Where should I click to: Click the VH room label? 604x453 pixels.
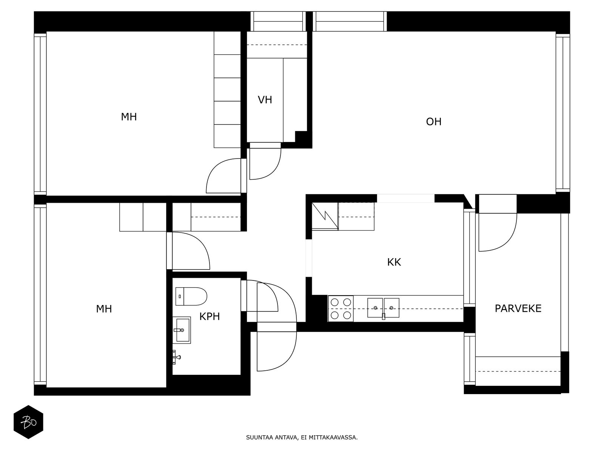coord(265,100)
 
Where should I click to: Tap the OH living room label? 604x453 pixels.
coord(433,122)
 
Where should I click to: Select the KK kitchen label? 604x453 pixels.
coord(394,262)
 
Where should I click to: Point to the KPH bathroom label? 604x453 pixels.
coord(210,317)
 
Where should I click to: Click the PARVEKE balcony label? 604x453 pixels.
coord(518,308)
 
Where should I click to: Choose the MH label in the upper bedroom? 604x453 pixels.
coord(129,117)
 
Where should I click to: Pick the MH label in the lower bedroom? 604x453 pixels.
coord(104,309)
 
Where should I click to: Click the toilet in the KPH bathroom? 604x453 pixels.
coord(191,296)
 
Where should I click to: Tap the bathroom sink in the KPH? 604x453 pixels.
coord(182,330)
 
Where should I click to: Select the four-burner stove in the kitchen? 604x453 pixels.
coord(341,308)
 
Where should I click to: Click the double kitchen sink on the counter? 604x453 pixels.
coord(383,308)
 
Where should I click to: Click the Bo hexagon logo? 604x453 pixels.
coord(28,422)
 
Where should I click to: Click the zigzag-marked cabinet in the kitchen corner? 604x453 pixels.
coord(325,216)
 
